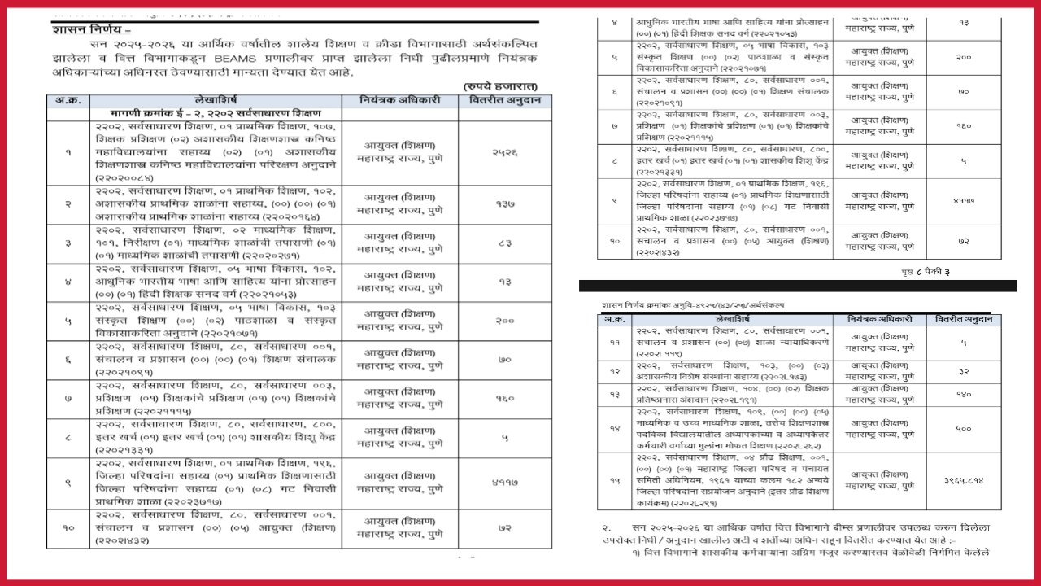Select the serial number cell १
68,152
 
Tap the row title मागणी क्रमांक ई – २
216,113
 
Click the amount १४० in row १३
963,393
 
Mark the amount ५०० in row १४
963,428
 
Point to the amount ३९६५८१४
963,481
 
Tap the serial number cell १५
614,481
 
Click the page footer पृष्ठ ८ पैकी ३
922,271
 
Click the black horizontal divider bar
797,286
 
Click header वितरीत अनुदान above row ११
963,320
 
